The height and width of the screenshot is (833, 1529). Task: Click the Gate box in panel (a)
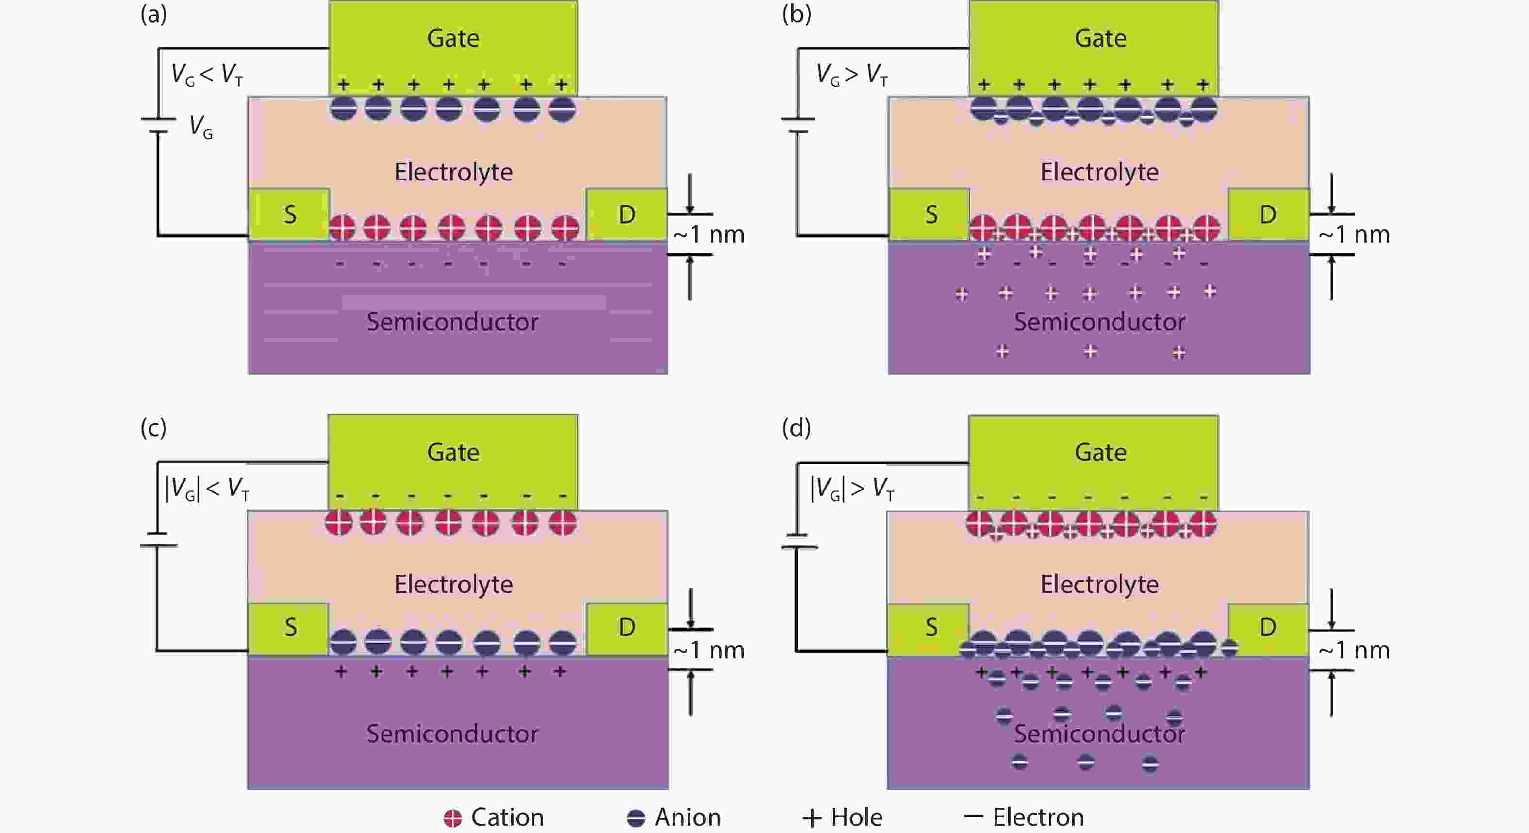click(453, 48)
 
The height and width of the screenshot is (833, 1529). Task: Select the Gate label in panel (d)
click(1100, 453)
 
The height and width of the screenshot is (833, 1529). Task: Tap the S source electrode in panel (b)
click(930, 214)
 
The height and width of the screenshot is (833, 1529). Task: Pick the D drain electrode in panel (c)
click(627, 628)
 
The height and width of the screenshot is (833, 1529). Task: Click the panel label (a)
click(153, 14)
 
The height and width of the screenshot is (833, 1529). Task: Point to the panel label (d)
click(796, 428)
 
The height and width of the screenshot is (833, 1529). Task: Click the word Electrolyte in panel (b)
click(1099, 172)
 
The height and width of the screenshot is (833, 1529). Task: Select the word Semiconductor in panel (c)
click(452, 734)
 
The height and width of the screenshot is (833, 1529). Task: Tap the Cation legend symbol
click(452, 818)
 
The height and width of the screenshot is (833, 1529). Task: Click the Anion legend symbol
click(636, 818)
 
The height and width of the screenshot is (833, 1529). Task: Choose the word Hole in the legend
click(857, 817)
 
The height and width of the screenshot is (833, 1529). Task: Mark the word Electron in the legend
click(1038, 817)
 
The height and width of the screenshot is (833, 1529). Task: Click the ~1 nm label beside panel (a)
click(709, 235)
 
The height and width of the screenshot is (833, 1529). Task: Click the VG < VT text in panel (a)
click(207, 75)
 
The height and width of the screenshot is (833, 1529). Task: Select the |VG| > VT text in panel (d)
click(852, 490)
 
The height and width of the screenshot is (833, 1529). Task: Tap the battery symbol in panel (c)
click(158, 539)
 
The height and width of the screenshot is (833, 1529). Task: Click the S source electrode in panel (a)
click(289, 214)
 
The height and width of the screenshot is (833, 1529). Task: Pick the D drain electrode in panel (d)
click(1268, 628)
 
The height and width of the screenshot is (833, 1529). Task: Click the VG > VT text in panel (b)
click(852, 75)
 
